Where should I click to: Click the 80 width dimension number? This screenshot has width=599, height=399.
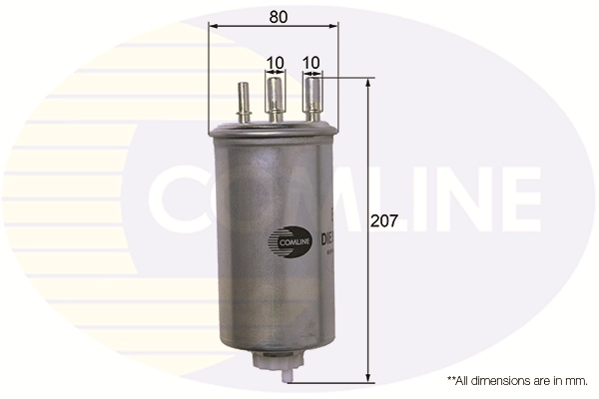279,17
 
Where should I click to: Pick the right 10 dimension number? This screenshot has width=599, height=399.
310,62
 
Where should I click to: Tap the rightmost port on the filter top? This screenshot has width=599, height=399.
310,98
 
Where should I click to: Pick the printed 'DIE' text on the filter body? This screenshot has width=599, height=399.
326,239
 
